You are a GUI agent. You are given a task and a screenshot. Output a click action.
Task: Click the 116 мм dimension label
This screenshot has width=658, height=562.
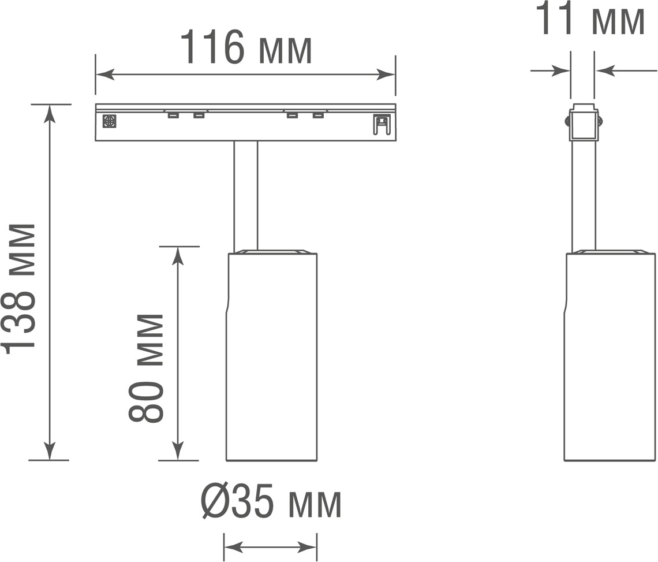[x=246, y=47]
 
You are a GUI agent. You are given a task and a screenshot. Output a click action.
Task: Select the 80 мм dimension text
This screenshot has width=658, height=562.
[x=145, y=368]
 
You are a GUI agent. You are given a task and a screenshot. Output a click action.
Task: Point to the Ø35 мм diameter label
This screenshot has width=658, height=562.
[x=271, y=501]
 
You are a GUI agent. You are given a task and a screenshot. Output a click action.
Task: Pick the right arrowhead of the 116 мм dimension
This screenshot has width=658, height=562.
[x=386, y=75]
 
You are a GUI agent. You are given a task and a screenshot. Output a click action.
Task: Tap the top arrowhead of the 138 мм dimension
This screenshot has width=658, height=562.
[x=50, y=113]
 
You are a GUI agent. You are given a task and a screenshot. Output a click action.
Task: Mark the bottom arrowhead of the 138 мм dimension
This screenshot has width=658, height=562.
[x=50, y=451]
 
